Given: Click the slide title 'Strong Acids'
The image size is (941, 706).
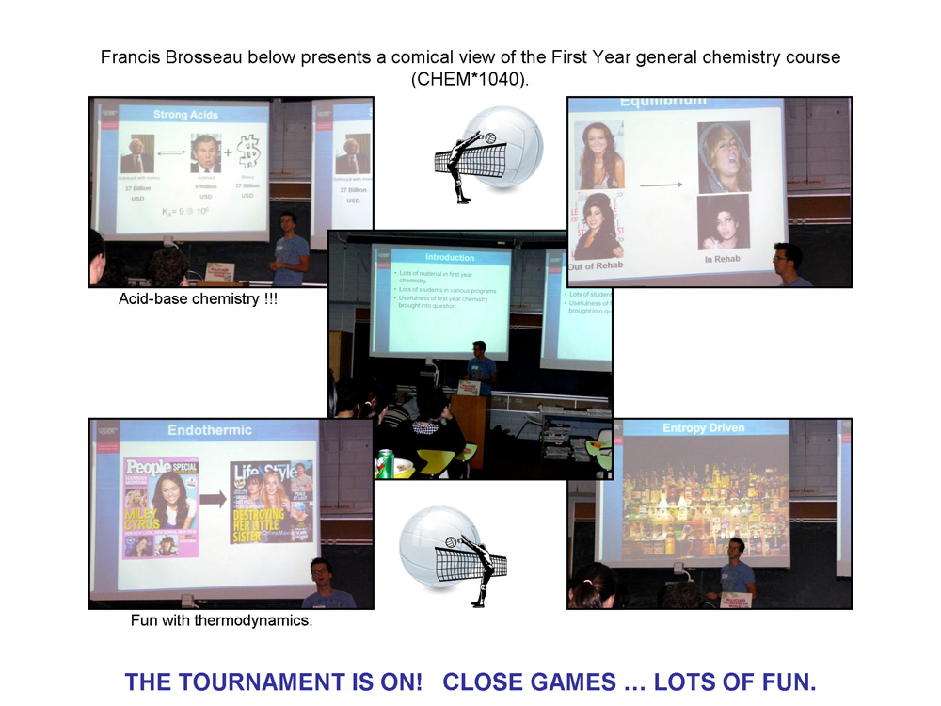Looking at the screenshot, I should point(185,115).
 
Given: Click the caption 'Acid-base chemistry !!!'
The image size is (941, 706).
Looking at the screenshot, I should point(198,299).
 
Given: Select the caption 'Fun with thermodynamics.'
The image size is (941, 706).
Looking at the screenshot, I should point(221,621).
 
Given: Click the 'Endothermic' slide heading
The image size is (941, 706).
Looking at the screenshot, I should point(210,430).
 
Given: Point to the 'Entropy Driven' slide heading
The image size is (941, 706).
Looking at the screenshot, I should point(703,428).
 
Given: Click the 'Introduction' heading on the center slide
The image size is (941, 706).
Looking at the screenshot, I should point(450,257).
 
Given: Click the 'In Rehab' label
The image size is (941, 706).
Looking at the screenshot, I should point(724,260).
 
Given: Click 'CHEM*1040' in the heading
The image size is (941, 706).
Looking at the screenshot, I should point(467,79).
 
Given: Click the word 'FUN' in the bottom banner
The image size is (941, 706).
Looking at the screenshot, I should point(786,682).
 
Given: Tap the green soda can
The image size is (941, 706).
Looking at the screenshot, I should point(385,464).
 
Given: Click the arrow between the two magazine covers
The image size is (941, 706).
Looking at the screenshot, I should point(214,500).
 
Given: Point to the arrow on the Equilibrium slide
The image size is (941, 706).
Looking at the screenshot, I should point(661,185).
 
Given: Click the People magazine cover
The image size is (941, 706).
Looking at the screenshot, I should point(161,506).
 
